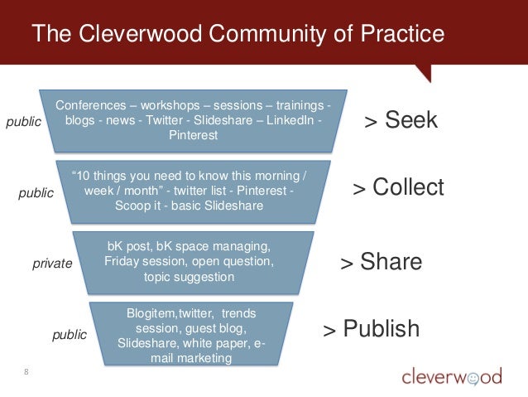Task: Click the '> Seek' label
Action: coord(401,122)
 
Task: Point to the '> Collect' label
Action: coord(398,187)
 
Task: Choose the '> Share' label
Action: coord(381,263)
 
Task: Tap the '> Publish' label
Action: coord(371,329)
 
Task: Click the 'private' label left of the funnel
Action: coord(52,264)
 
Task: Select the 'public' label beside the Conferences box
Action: coord(24,122)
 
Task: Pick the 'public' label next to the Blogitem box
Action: coord(70,335)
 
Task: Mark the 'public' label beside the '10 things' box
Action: coord(36,192)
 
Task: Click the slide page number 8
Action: coord(26,370)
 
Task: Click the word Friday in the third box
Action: coord(122,262)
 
